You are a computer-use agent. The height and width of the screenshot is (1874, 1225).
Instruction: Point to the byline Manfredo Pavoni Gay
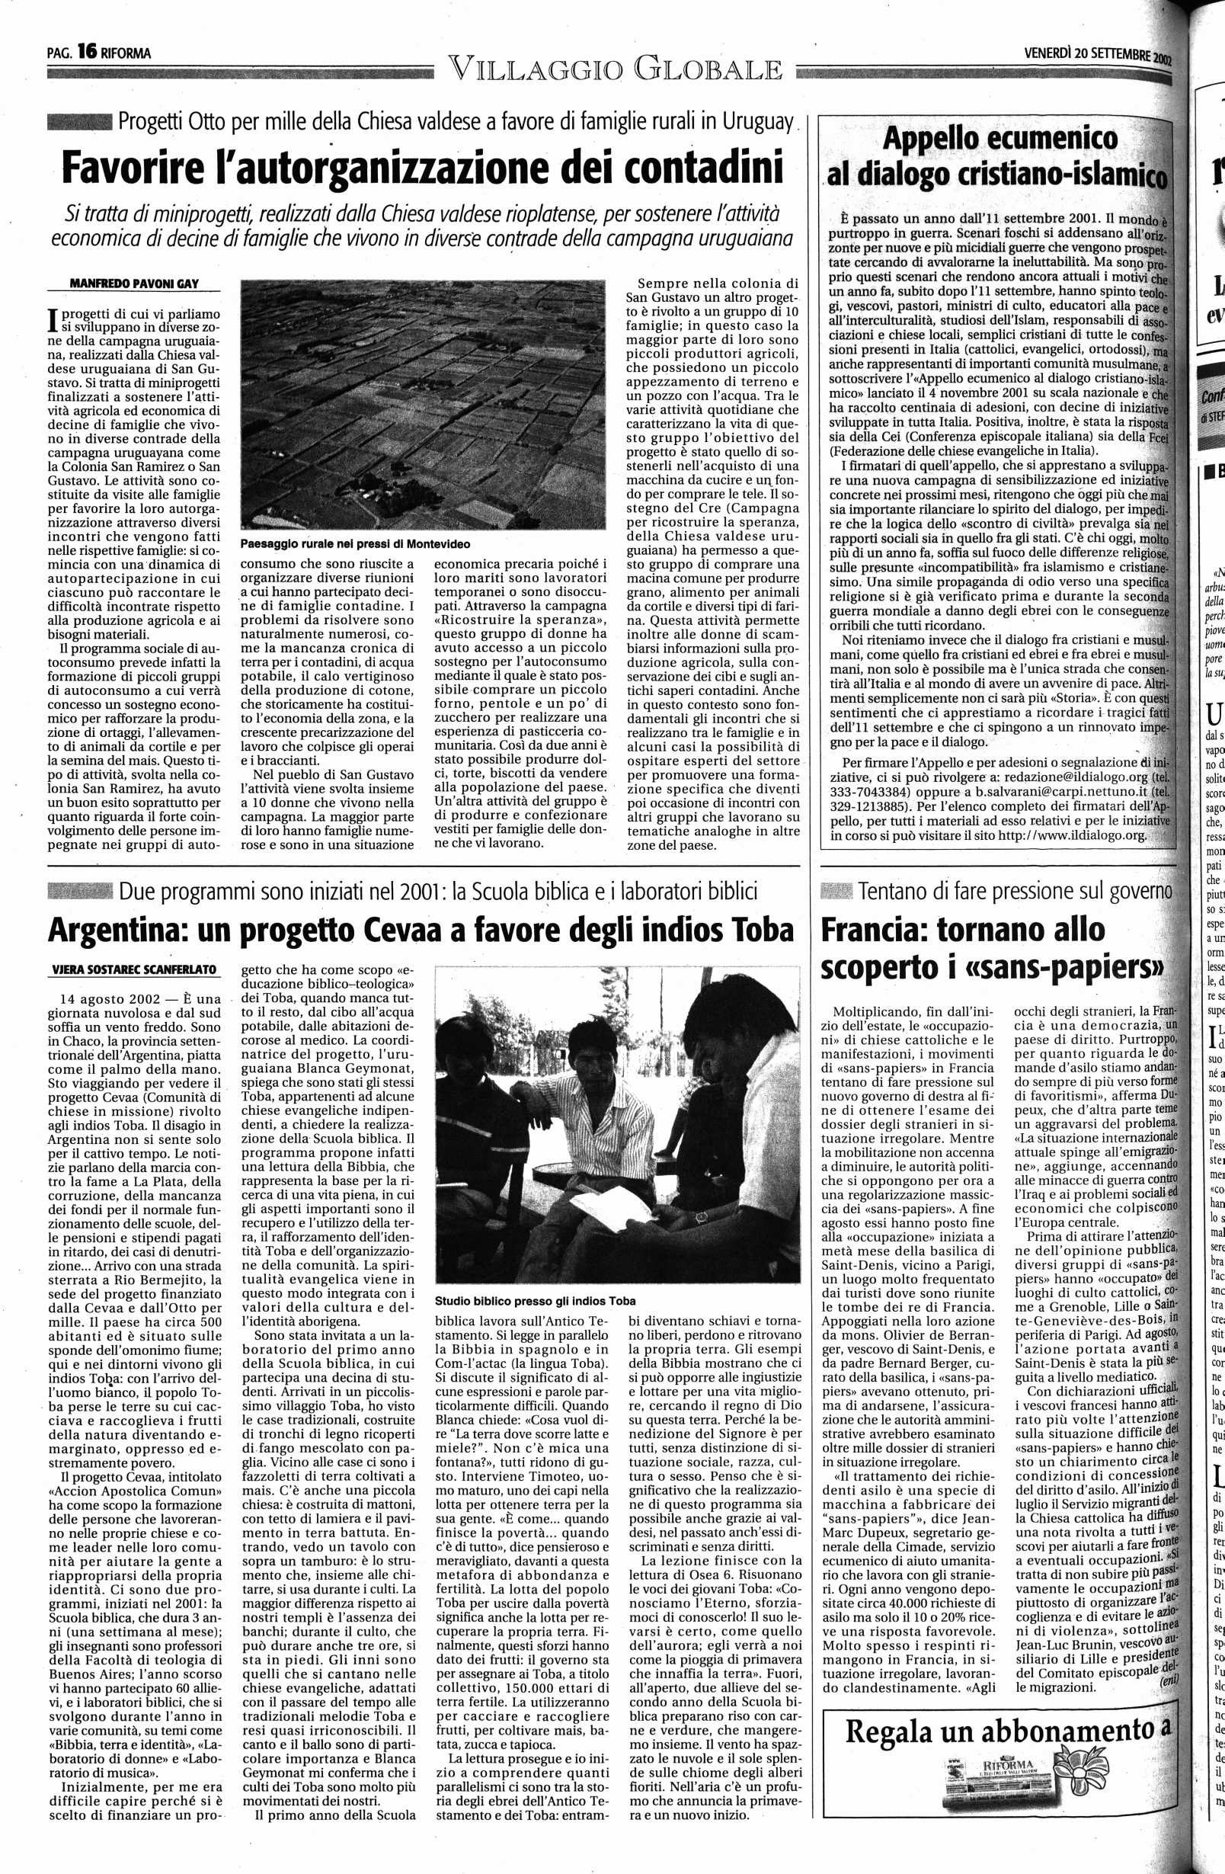click(x=134, y=284)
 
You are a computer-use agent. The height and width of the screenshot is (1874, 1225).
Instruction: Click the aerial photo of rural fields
click(x=422, y=404)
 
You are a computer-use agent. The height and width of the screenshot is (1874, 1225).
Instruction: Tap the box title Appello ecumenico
click(x=999, y=139)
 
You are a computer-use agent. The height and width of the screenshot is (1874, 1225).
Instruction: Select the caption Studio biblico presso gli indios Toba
click(x=535, y=1301)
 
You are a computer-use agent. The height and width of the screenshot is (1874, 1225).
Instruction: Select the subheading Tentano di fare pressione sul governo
click(x=1016, y=892)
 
